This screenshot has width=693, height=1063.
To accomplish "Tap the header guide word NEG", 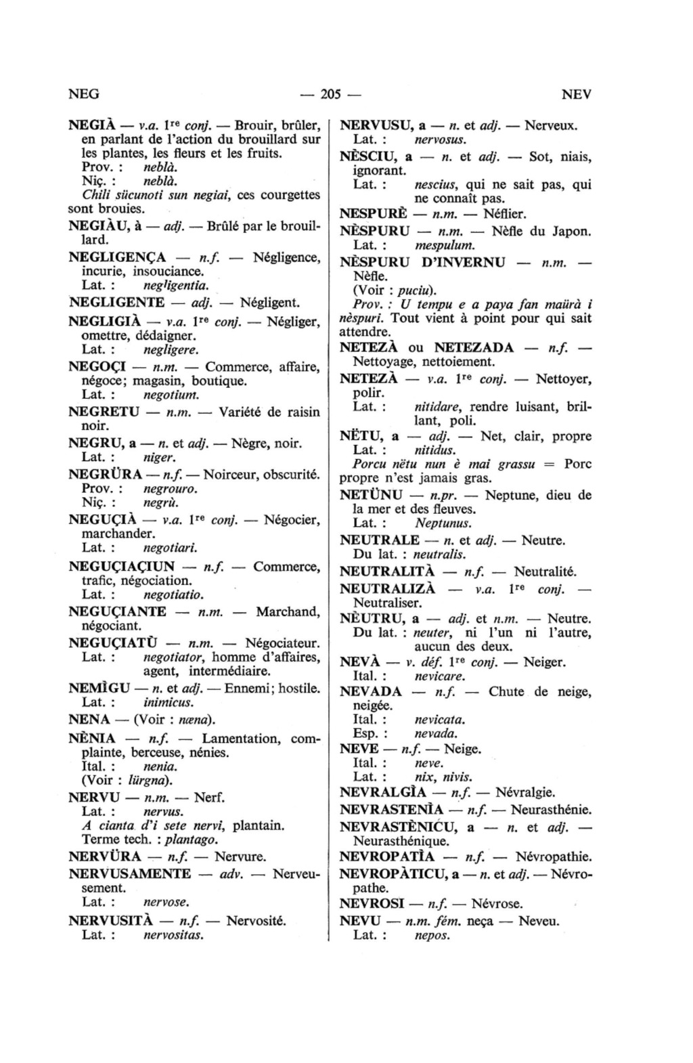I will tap(85, 94).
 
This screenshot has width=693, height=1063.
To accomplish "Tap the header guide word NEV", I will tap(577, 94).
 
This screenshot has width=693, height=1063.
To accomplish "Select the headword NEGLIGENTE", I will tap(116, 303).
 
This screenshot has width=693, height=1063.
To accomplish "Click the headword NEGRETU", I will tap(104, 412).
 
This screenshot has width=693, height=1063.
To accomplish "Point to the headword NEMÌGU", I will tap(99, 689).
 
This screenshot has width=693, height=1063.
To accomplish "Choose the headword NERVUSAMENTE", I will tap(130, 873).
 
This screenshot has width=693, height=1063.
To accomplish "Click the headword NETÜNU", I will tap(371, 495).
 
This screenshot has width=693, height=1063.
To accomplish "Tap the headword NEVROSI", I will tap(372, 904).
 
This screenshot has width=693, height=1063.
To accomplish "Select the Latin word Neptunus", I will tap(443, 523).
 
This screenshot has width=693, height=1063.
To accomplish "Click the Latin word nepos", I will tap(432, 935).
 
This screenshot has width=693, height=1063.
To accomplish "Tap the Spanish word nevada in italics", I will tap(436, 733).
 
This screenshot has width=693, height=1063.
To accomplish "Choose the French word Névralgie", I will tap(525, 791).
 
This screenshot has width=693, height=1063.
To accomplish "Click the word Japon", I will tap(571, 231).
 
